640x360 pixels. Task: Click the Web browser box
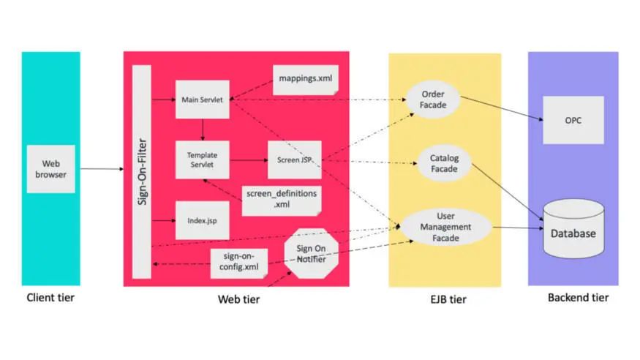(x=51, y=169)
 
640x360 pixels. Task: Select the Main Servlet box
(x=203, y=100)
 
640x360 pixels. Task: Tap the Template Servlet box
(x=203, y=160)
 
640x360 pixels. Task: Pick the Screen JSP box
(x=295, y=160)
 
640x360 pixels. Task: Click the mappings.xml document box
(x=306, y=80)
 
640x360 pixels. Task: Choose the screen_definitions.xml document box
(x=282, y=200)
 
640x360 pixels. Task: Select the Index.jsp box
(x=203, y=220)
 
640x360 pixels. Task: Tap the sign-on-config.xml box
(x=239, y=263)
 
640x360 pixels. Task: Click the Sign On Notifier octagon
(x=312, y=253)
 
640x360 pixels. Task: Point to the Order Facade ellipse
(x=433, y=100)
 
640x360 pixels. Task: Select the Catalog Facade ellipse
(x=445, y=163)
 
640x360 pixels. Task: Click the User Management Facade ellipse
(x=445, y=227)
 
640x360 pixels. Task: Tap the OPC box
(x=573, y=120)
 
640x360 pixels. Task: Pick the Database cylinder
(x=573, y=228)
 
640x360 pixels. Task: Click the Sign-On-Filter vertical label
(x=142, y=172)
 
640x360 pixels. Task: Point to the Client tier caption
(x=50, y=298)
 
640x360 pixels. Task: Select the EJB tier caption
(x=448, y=299)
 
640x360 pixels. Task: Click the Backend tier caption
(x=578, y=298)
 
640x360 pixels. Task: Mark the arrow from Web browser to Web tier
(x=102, y=168)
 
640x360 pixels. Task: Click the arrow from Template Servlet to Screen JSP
(x=249, y=160)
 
